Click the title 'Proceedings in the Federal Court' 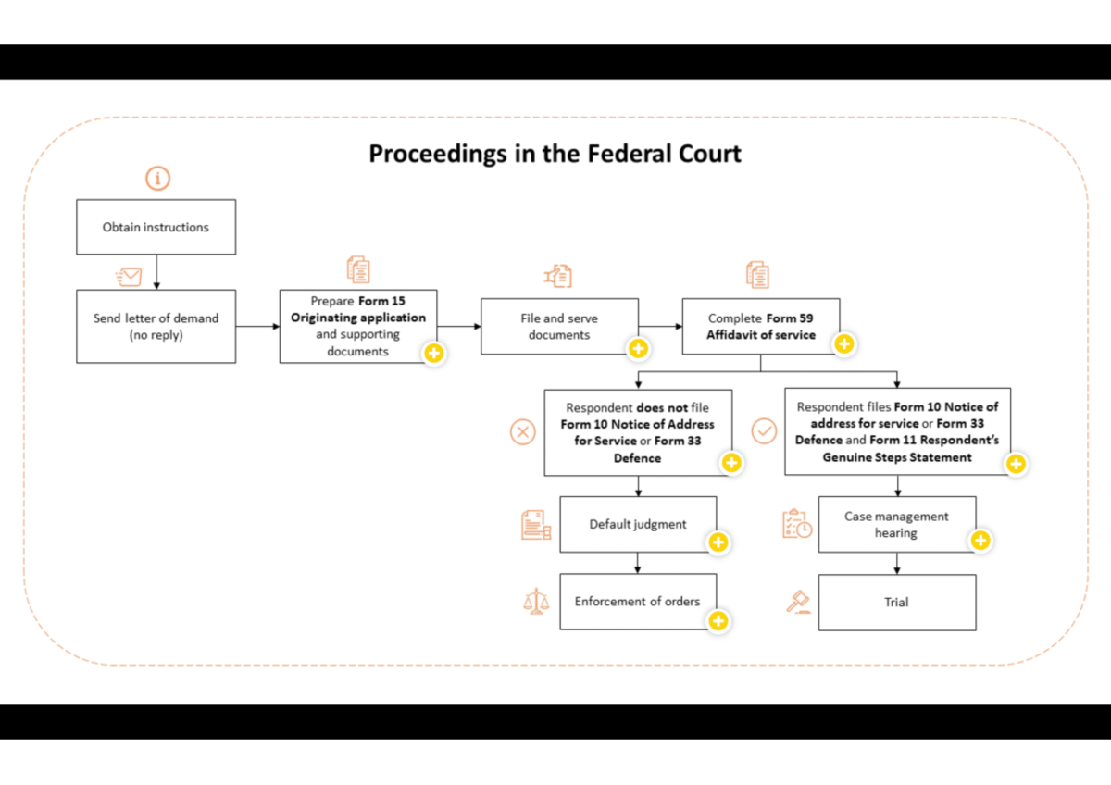click(555, 153)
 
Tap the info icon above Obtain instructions click(157, 179)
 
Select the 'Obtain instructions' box click(156, 227)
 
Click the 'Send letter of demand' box click(156, 326)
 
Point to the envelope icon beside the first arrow click(129, 276)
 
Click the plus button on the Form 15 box click(432, 354)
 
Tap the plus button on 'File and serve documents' click(637, 348)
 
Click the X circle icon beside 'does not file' click(523, 431)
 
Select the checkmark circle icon click(764, 431)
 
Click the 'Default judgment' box click(638, 524)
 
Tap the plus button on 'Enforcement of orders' click(718, 621)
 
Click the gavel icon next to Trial click(798, 602)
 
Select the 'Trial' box click(896, 602)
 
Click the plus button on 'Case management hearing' click(980, 540)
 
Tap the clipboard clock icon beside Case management click(796, 524)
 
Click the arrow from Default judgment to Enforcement click(638, 563)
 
